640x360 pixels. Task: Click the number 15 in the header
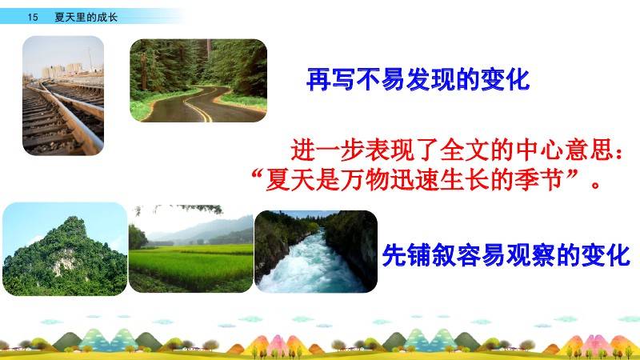[33, 17]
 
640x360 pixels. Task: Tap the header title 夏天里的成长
[86, 17]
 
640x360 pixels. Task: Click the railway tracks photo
[63, 95]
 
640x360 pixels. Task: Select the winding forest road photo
[198, 81]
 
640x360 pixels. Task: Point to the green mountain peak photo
[65, 249]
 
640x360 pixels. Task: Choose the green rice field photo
[191, 249]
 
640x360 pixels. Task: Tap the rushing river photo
[316, 251]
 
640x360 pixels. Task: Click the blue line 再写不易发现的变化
[418, 79]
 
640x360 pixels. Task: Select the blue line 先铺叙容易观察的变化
[506, 255]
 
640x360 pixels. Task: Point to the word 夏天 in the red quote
[290, 179]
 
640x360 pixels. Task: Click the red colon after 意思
[619, 153]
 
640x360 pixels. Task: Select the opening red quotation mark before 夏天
[257, 175]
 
